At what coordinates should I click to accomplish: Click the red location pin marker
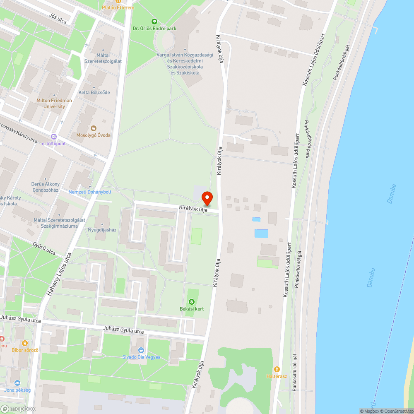tap(207, 198)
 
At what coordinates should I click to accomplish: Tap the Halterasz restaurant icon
tap(277, 369)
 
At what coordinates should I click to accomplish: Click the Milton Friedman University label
tap(54, 103)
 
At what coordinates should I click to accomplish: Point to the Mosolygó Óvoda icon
tap(94, 128)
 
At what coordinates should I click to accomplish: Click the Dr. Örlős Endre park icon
tap(154, 22)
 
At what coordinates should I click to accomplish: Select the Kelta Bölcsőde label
tap(94, 92)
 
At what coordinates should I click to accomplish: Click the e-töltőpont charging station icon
tap(53, 137)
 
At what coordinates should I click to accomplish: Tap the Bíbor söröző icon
tap(25, 343)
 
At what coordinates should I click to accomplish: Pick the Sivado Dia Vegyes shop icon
tap(141, 350)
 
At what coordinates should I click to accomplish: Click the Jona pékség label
tap(17, 390)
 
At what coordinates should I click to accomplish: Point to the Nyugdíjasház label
tap(102, 229)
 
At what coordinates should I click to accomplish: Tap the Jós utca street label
tap(58, 17)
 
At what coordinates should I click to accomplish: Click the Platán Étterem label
tap(118, 7)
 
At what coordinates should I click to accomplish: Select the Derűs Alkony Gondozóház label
tap(46, 187)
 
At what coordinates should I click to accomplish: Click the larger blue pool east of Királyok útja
tap(261, 233)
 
